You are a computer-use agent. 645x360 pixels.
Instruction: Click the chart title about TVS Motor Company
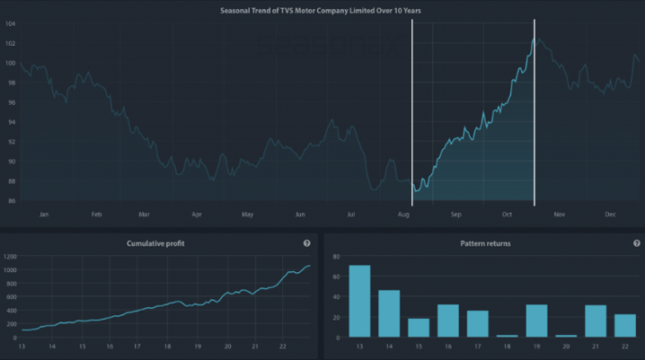pos(322,10)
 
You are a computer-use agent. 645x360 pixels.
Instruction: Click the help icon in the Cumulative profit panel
pos(307,243)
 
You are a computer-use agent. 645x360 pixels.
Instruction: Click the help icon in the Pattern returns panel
pos(637,243)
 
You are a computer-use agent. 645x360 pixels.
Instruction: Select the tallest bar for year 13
pos(359,302)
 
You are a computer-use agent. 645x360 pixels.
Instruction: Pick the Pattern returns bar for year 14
pos(389,314)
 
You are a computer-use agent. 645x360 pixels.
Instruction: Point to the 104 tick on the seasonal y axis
pos(10,22)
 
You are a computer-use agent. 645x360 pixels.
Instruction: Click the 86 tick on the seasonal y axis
pos(10,201)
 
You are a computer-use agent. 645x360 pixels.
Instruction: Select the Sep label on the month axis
pos(455,215)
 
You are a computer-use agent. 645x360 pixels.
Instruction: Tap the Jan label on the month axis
pos(43,215)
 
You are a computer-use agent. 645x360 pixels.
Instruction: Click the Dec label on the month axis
pos(610,215)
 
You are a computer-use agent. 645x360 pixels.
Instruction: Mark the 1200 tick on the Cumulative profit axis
pos(10,256)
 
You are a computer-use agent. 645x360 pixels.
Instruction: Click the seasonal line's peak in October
pos(535,39)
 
